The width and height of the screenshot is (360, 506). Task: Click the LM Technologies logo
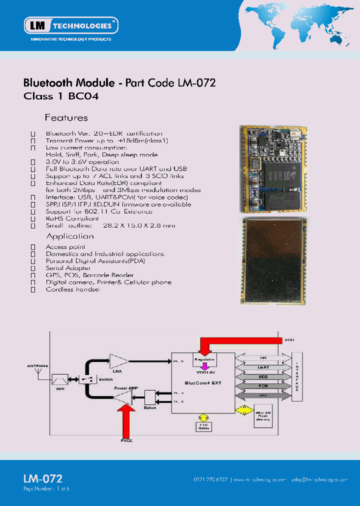click(x=71, y=25)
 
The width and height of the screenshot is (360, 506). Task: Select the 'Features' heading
click(x=66, y=118)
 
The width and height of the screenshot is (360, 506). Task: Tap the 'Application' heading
click(x=70, y=236)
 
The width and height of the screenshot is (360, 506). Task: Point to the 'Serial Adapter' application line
click(x=68, y=268)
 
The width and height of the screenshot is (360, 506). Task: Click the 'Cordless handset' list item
click(x=73, y=289)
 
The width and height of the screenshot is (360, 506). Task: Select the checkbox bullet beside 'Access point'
click(x=33, y=247)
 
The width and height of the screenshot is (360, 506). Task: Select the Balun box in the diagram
click(x=150, y=397)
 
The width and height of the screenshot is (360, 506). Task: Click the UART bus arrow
click(x=263, y=368)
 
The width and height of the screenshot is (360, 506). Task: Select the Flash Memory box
click(x=263, y=416)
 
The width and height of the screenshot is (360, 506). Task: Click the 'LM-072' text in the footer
click(x=42, y=478)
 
